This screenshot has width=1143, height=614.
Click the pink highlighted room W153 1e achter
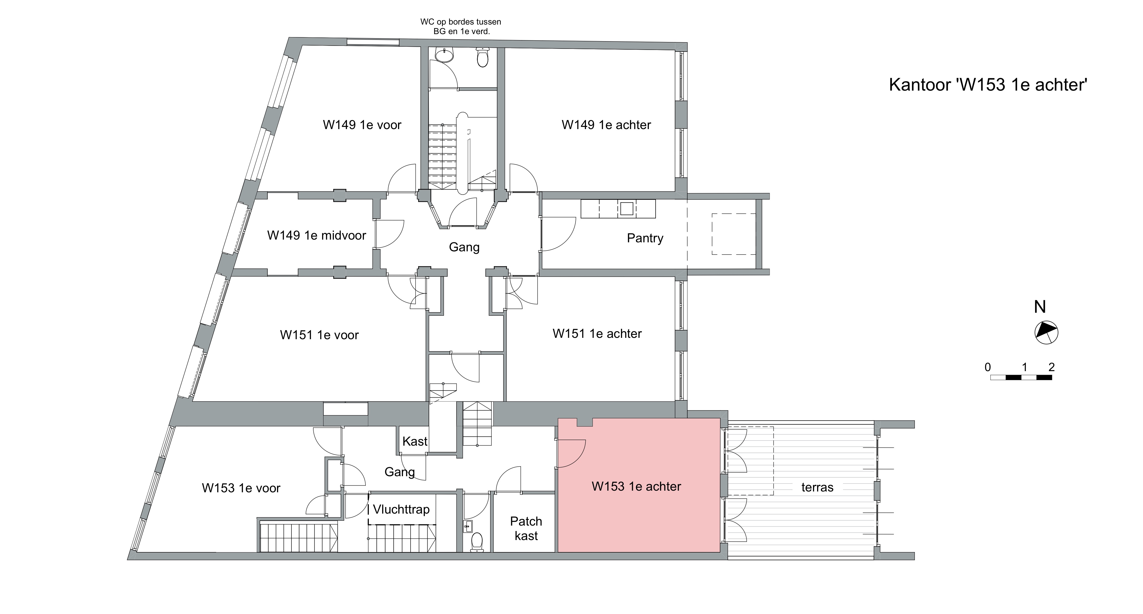(639, 510)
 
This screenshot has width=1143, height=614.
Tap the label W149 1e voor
(362, 125)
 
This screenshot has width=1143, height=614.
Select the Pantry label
(645, 239)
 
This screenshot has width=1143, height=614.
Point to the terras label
(817, 488)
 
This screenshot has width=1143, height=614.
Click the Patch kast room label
(526, 528)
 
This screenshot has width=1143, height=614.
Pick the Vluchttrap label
(401, 509)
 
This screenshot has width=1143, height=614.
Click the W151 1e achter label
(597, 334)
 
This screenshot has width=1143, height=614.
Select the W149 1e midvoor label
(316, 236)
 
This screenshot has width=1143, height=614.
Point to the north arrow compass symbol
(1046, 332)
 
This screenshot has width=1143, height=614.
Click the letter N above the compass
(1040, 307)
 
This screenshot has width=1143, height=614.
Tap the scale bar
(1021, 377)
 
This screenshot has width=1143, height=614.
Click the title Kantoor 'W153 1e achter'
(988, 85)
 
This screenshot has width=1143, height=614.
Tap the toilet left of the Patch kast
(476, 542)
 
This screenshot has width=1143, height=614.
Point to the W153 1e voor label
(241, 488)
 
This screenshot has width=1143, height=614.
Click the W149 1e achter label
(606, 125)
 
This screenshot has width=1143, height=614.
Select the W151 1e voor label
(319, 335)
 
